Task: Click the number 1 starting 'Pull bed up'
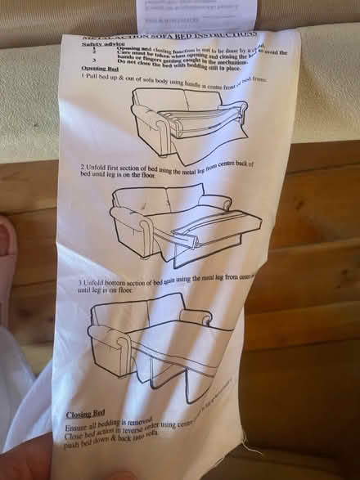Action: (83, 76)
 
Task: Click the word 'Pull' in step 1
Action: (93, 76)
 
